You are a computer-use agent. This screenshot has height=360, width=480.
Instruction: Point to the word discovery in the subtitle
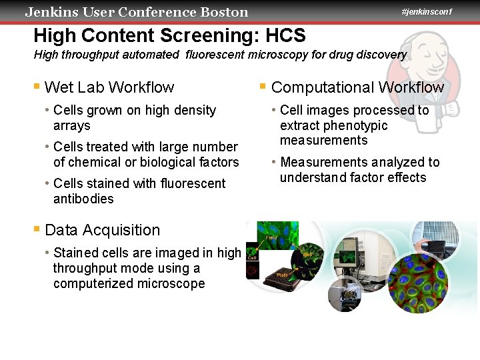click(377, 55)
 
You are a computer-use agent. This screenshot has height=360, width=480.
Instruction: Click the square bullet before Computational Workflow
click(263, 87)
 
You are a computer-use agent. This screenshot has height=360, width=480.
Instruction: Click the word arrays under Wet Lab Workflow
click(71, 125)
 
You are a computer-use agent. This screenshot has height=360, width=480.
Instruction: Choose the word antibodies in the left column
click(83, 199)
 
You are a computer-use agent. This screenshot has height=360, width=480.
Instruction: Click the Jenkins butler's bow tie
click(433, 78)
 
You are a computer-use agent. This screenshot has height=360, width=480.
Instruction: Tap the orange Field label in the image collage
click(271, 237)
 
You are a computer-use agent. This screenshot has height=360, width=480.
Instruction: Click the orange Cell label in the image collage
click(253, 257)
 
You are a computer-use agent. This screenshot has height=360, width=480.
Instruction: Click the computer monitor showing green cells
click(348, 255)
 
